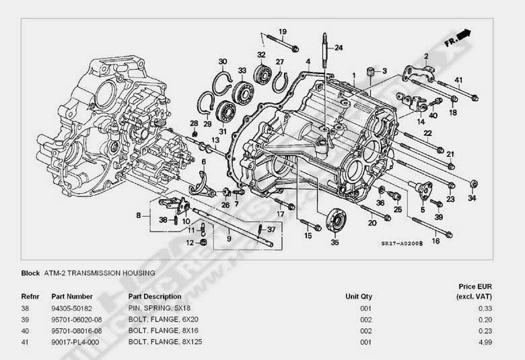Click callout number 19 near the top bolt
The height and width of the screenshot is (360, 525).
coord(283,32)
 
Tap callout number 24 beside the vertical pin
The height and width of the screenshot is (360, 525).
coord(339,48)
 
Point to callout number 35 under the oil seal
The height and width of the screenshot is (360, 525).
coord(335,244)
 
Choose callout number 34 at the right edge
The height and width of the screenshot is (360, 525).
coord(472,199)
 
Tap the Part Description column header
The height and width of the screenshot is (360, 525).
coord(154,297)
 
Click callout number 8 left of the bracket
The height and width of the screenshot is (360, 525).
coord(139,215)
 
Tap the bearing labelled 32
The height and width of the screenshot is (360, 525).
coord(261,68)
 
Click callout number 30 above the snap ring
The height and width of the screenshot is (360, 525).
coord(223,62)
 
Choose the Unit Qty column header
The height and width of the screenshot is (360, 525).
coord(359,297)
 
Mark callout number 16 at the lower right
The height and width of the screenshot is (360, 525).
coord(435,241)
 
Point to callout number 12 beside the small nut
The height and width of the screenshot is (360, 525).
coord(190,243)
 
